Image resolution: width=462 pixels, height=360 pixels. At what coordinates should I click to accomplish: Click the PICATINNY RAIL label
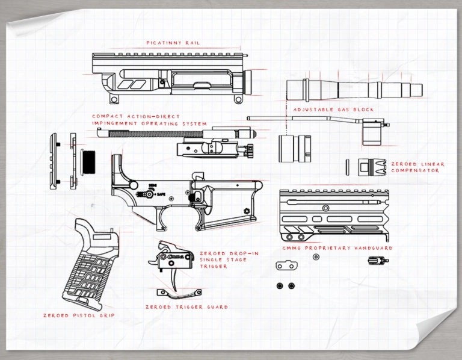click(173, 43)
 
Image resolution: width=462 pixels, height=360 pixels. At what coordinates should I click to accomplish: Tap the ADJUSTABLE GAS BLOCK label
click(333, 110)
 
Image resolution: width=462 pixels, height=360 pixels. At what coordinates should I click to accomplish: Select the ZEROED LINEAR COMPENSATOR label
click(417, 167)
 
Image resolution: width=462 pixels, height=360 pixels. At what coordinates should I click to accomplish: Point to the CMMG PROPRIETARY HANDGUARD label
click(337, 248)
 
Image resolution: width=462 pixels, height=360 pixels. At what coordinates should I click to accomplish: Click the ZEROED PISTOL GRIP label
click(79, 315)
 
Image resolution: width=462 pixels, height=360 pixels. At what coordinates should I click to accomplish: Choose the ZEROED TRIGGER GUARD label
click(186, 307)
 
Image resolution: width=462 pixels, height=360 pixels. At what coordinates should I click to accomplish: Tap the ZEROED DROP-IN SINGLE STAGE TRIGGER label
click(221, 259)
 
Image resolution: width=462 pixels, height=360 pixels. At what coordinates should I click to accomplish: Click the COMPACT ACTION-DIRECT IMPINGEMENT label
click(149, 120)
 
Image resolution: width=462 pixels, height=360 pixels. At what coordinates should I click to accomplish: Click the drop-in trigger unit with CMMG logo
click(172, 258)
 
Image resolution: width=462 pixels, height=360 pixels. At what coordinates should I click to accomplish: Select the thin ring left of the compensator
click(347, 166)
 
